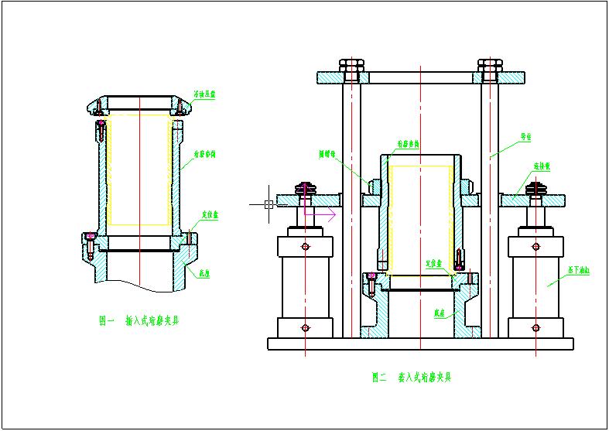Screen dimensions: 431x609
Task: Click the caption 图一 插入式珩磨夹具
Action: (139, 320)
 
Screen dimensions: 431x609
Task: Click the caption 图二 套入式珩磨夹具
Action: (411, 378)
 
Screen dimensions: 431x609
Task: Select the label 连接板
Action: (541, 166)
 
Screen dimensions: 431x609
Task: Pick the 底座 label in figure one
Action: (205, 273)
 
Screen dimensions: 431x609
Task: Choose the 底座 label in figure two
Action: (440, 313)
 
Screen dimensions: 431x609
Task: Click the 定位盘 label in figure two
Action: (433, 264)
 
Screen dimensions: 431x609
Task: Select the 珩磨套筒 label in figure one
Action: (204, 154)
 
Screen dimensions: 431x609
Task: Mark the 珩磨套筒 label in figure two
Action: (408, 144)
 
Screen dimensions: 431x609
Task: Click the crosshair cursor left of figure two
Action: (268, 204)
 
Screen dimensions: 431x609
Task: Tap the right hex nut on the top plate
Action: (489, 67)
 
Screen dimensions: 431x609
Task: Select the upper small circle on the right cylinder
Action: (535, 247)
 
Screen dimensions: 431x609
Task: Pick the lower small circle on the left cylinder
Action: (306, 327)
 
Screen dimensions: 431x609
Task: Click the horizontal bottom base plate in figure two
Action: (420, 344)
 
